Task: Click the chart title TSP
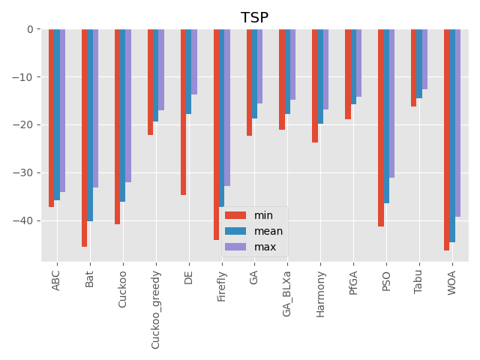pos(254,18)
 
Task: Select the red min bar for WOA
pos(446,139)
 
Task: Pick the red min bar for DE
pos(183,112)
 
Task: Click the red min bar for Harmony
pos(315,85)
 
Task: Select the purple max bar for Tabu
pos(424,59)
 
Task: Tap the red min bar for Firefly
pos(216,134)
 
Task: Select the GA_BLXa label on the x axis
pos(287,293)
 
